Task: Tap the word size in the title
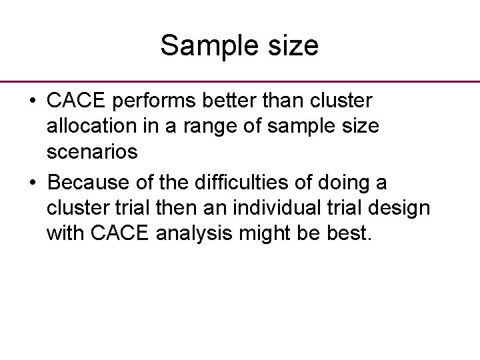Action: pyautogui.click(x=290, y=47)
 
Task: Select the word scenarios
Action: pyautogui.click(x=93, y=152)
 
